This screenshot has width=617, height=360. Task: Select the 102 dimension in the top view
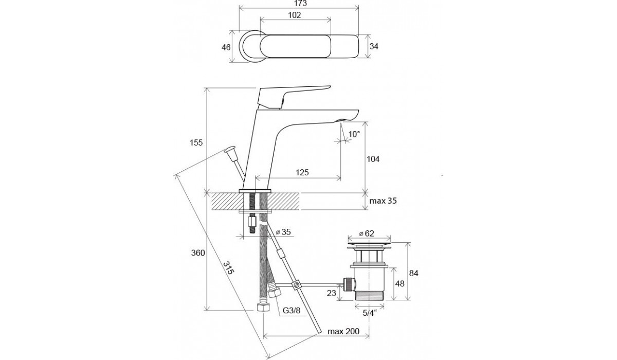coord(295,15)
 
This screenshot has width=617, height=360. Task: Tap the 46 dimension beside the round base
coord(226,47)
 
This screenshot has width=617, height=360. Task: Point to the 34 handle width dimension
coord(374,46)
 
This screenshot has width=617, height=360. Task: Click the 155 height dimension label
coord(196,142)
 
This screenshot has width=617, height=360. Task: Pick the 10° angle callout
coord(354,134)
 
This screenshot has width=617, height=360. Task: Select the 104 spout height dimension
coord(373,159)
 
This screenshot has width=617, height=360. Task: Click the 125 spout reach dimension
coord(302,172)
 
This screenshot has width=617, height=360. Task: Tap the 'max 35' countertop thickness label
coord(383,201)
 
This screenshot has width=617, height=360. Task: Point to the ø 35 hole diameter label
coord(283,232)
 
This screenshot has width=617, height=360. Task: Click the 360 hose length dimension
coord(198,253)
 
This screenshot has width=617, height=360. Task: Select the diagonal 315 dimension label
coord(228,268)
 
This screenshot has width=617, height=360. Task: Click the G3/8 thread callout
coord(292,311)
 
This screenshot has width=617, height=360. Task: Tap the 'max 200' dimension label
coord(343,331)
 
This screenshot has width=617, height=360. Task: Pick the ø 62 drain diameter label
coord(367,233)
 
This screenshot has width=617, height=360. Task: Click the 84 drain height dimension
coord(413,273)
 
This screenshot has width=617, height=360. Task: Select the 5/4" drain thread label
coord(369,313)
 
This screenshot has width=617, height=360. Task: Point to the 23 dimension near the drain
coord(332,293)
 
